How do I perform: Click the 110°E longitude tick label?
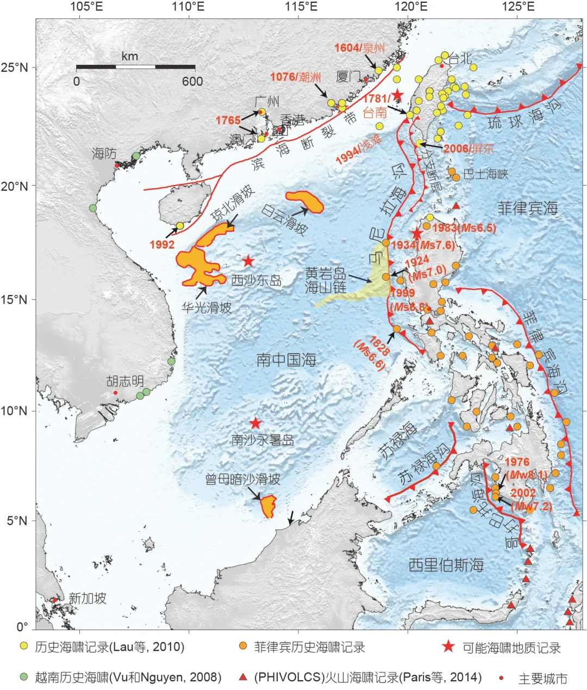pos(189,7)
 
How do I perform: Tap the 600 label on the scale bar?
pos(192,82)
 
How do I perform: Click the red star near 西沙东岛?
pos(248,261)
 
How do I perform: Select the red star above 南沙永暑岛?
pos(255,423)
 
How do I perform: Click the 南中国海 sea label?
pos(286,360)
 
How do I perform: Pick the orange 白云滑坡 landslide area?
pos(305,201)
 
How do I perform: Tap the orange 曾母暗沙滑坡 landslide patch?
pos(267,506)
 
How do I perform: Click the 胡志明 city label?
pos(125,381)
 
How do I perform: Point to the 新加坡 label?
pos(88,599)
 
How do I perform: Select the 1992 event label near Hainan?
pos(162,244)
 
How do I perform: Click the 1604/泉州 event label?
pos(359,48)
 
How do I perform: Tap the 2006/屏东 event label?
pos(469,148)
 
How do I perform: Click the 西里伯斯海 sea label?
pos(446,565)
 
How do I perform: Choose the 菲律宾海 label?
pos(527,208)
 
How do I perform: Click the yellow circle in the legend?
pos(23,646)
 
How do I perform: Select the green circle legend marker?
pos(23,677)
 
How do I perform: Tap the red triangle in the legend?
pos(243,677)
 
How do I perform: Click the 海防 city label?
pos(104,153)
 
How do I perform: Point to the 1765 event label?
pos(228,120)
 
